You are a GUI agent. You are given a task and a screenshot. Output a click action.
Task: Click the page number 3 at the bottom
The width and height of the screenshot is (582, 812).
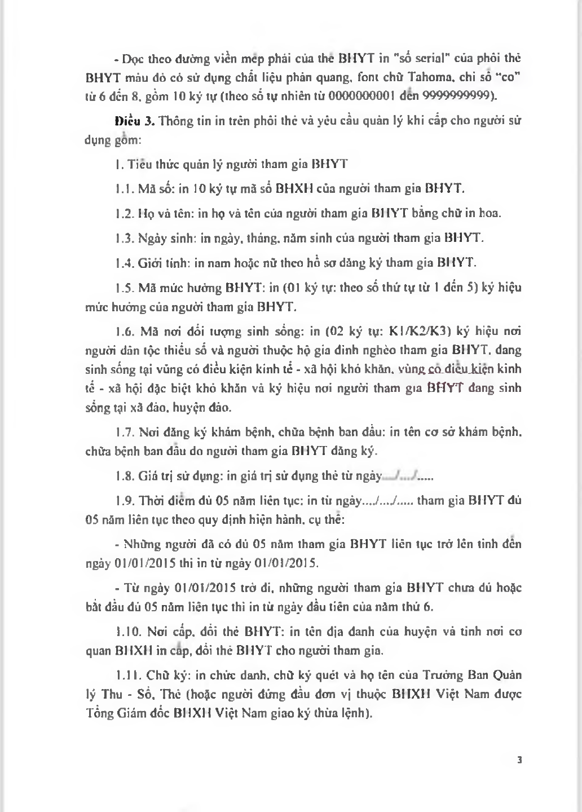(x=519, y=760)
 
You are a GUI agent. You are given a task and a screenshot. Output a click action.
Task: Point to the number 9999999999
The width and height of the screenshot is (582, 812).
(x=457, y=96)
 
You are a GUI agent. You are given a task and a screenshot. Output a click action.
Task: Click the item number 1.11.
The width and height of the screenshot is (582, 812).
(x=125, y=675)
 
